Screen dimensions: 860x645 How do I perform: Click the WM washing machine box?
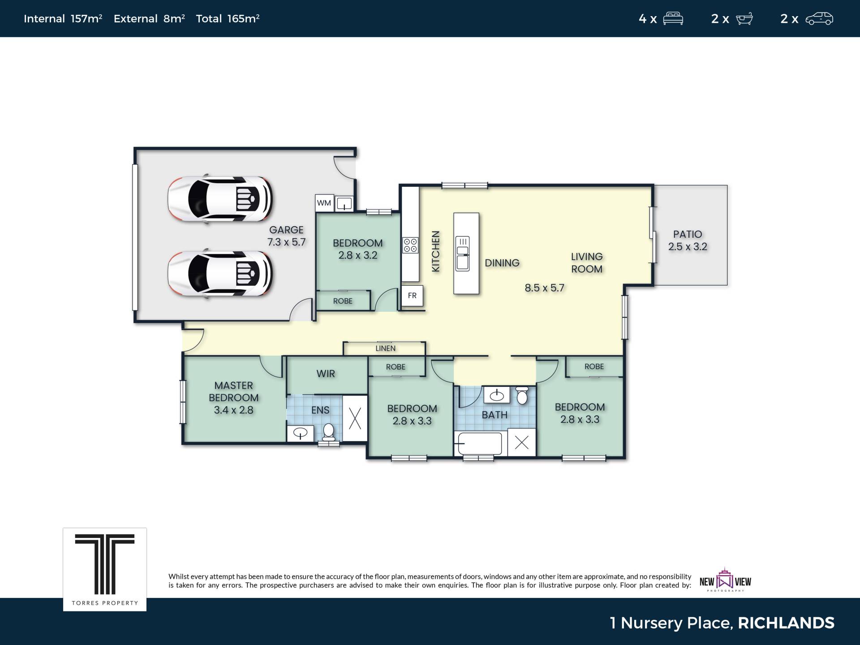pos(324,203)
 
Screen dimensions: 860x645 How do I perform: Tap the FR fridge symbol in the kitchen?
pos(412,296)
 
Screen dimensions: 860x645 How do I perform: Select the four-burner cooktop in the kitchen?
pos(410,245)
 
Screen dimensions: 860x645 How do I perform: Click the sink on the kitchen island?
pos(462,254)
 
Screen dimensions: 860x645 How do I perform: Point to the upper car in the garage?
pos(220,198)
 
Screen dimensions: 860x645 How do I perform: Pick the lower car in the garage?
pos(220,273)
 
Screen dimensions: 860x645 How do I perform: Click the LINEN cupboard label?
pos(386,348)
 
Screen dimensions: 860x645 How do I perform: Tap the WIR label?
pos(326,374)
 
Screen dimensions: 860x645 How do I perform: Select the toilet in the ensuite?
pos(329,433)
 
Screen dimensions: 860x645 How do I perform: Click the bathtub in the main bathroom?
pos(480,443)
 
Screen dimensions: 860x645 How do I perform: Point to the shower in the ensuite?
pos(355,418)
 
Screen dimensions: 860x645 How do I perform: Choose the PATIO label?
pos(688,234)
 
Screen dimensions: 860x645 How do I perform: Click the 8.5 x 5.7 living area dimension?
pos(544,288)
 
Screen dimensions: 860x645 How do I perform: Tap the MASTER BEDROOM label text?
pos(234,391)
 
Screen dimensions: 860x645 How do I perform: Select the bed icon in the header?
pos(673,18)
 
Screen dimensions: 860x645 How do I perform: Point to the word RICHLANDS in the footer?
pos(786,623)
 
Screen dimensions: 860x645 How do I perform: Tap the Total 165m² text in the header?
pos(228,18)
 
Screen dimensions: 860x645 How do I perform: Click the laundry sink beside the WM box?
pos(344,203)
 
